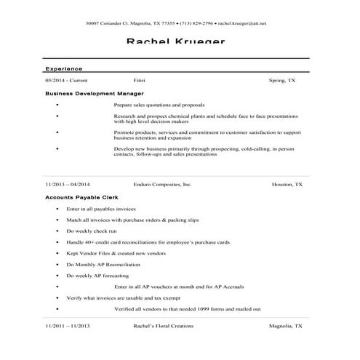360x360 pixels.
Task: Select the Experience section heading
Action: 63,68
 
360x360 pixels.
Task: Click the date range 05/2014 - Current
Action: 66,80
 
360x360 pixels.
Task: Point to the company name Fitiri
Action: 140,80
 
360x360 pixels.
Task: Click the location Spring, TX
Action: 281,80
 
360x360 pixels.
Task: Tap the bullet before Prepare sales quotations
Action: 57,105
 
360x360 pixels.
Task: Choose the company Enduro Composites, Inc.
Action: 162,185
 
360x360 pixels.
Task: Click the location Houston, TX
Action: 287,185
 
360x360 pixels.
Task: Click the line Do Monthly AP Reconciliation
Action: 102,264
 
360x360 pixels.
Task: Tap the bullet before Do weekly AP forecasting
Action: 57,276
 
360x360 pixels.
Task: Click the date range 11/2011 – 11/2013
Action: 67,326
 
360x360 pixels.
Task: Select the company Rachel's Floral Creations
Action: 163,326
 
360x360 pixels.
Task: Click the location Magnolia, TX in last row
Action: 286,326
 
